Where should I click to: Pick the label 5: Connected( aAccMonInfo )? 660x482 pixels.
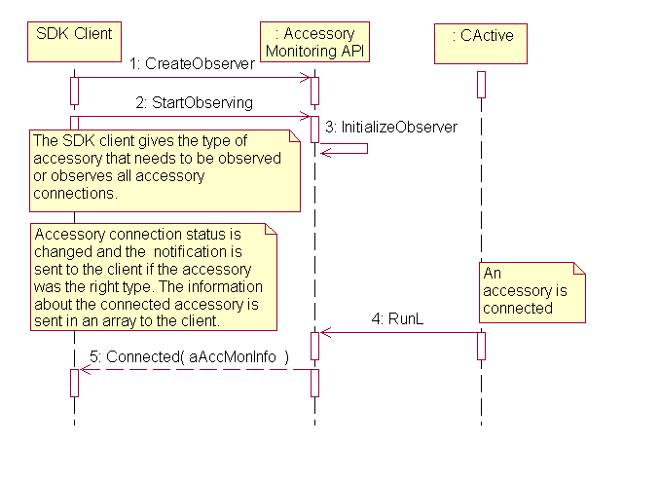pos(198,356)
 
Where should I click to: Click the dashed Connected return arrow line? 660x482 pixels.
pos(195,370)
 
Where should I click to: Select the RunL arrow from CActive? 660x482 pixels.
pos(399,333)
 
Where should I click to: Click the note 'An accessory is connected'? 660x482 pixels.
pos(532,292)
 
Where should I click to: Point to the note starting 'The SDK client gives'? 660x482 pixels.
pos(165,169)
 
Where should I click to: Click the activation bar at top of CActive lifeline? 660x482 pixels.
pos(481,85)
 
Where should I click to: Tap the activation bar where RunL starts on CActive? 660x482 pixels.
pos(481,346)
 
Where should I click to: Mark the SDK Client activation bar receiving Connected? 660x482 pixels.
pos(74,383)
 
